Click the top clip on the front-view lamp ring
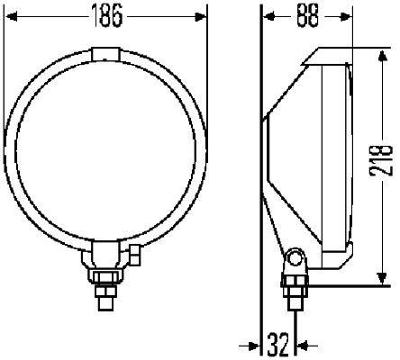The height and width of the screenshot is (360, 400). pyautogui.click(x=106, y=54)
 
